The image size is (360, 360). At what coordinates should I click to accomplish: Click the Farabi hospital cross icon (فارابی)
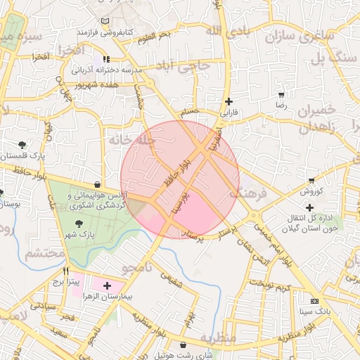coord(229,101)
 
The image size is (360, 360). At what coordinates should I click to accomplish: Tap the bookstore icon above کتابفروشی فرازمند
coord(105,22)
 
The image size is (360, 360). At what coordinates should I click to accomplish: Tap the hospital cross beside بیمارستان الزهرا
coord(107,285)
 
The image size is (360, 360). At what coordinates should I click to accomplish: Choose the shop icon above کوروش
coord(311,181)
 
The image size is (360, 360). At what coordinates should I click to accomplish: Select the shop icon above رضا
coord(282,94)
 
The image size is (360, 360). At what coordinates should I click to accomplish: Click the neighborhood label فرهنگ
coord(247,192)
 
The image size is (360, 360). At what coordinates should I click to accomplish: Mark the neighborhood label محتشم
coord(45,254)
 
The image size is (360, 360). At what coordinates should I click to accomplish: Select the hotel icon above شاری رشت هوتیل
coord(184,345)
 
